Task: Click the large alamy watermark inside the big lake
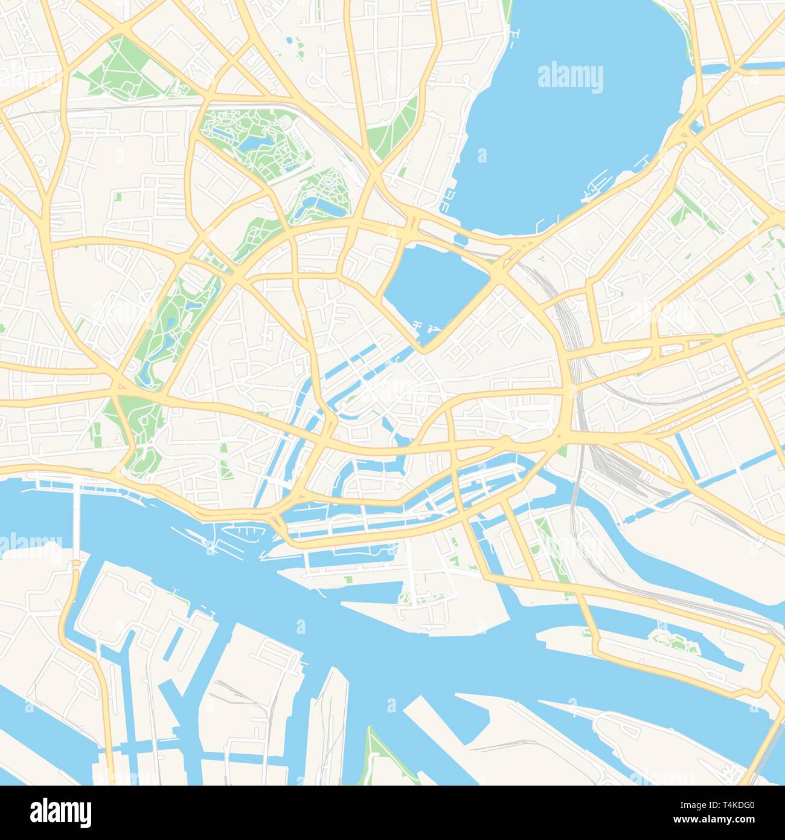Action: tap(569, 78)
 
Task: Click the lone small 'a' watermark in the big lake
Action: tap(482, 157)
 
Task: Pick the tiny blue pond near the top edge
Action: tap(290, 40)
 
